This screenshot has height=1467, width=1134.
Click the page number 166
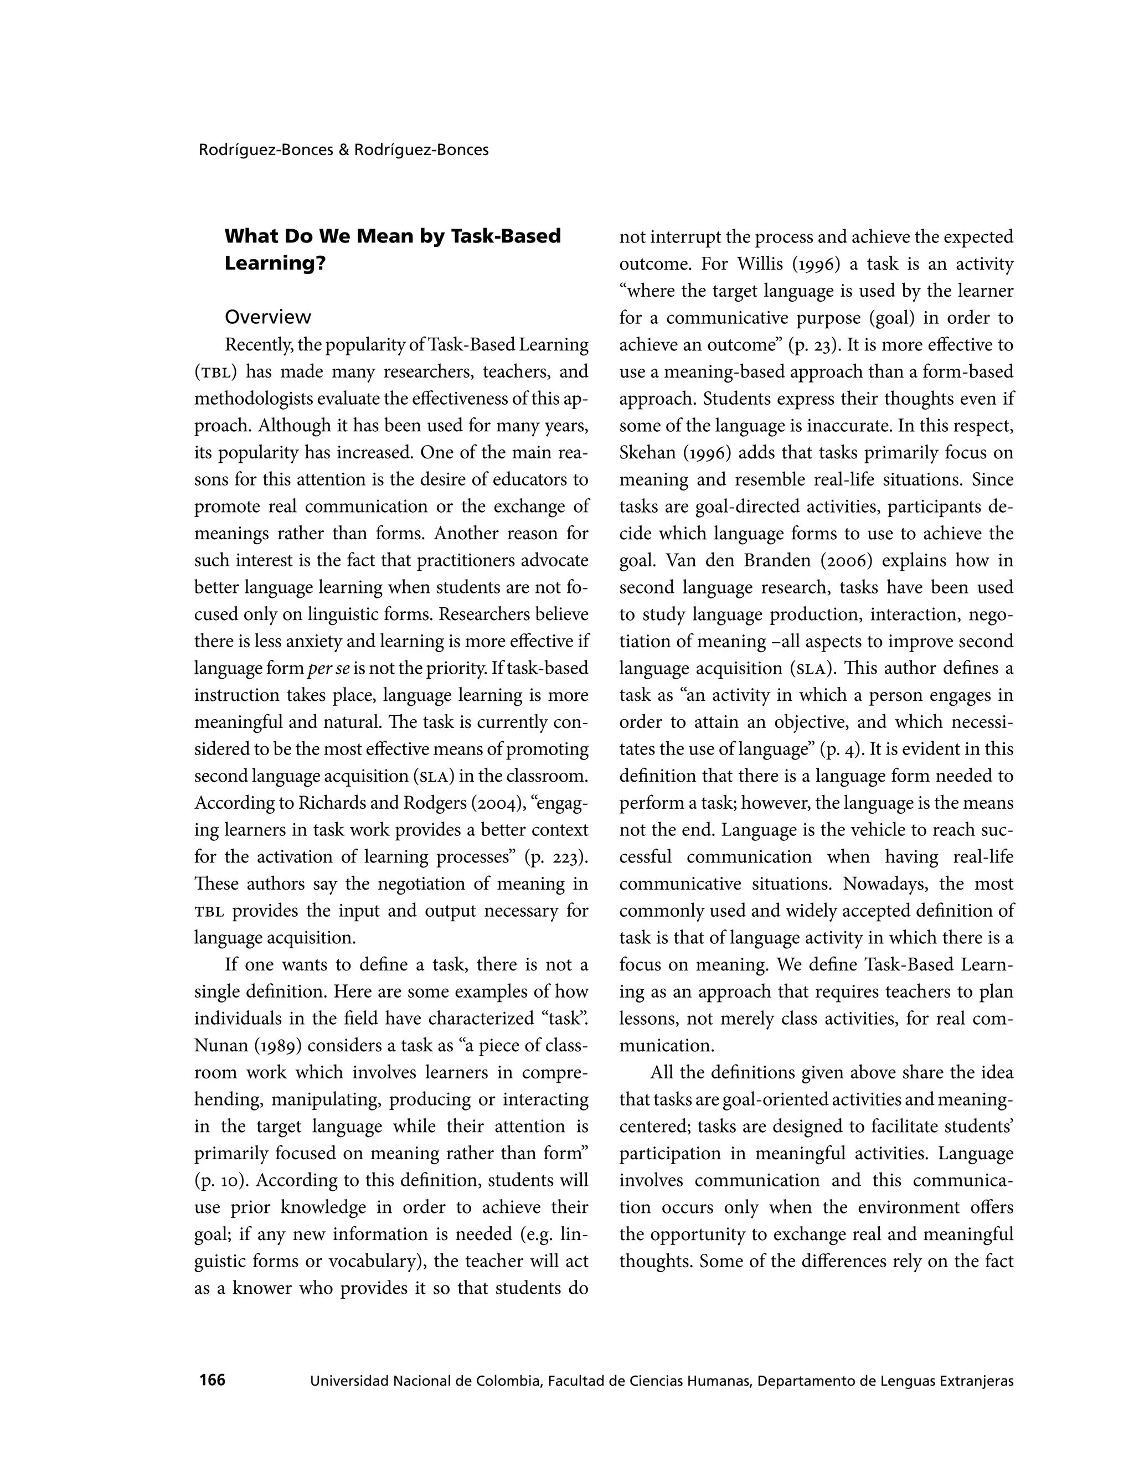(212, 1380)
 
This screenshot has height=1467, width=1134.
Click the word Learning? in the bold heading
(275, 264)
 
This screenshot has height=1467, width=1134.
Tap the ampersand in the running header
(343, 150)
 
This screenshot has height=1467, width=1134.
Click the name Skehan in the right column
(647, 453)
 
